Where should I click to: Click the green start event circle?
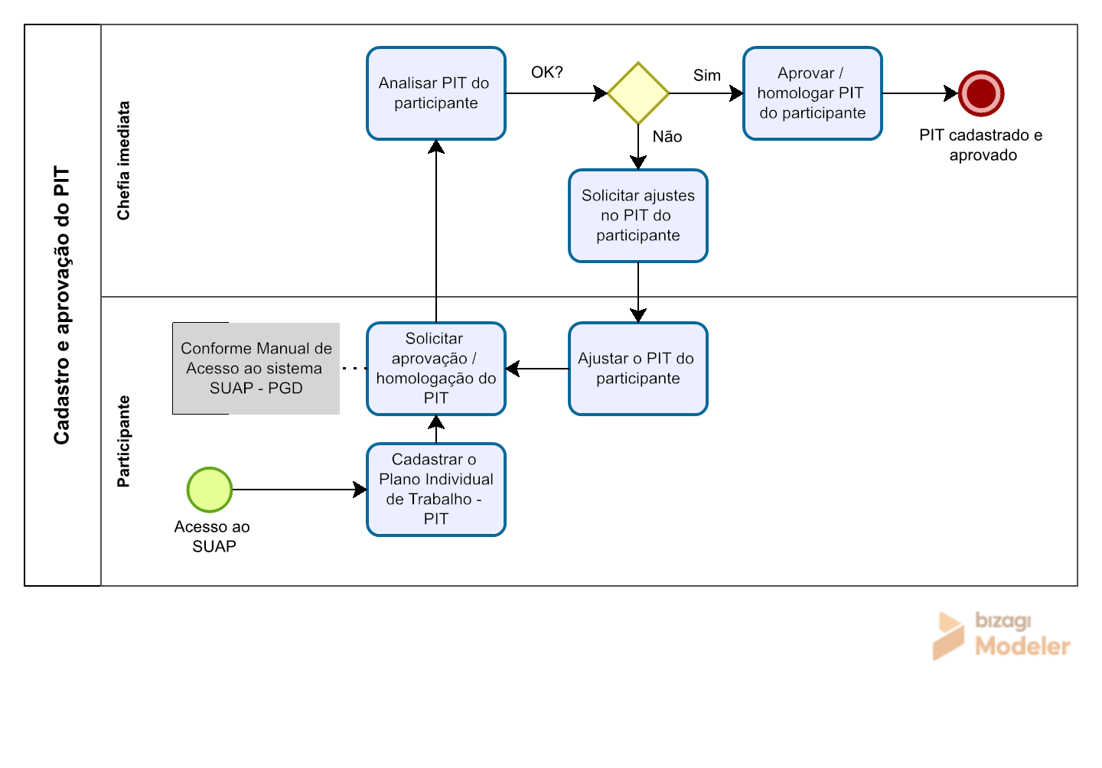[210, 490]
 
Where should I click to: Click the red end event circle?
[981, 93]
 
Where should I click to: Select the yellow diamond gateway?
[638, 93]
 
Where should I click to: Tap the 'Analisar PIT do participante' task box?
[436, 93]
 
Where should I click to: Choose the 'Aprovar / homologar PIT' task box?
[812, 93]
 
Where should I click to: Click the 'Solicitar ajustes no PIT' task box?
[638, 216]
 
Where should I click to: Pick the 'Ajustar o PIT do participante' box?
[638, 369]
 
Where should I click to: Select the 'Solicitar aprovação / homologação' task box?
[436, 369]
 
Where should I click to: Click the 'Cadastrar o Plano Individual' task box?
[436, 490]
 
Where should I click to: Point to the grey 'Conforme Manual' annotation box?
[256, 369]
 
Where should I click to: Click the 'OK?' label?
[546, 72]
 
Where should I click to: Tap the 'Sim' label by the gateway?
[706, 75]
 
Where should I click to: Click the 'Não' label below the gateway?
[667, 136]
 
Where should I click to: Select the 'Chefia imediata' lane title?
[123, 161]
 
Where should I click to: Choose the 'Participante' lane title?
[123, 441]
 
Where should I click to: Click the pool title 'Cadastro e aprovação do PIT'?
[62, 305]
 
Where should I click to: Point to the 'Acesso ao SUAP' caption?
[212, 536]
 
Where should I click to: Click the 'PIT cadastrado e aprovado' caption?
[981, 145]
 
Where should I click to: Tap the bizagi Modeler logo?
[1001, 635]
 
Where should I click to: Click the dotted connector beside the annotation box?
[354, 368]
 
